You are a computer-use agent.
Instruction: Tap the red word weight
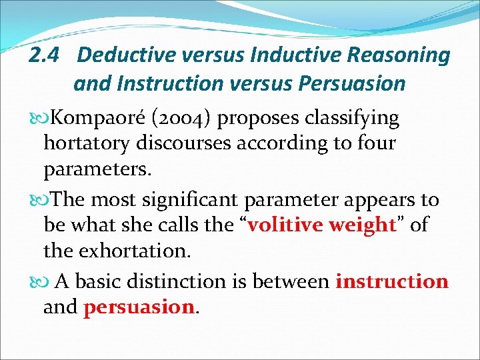pos(363,225)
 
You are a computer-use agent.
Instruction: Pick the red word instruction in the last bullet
pos(391,281)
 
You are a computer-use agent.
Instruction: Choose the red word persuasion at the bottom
pos(138,307)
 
